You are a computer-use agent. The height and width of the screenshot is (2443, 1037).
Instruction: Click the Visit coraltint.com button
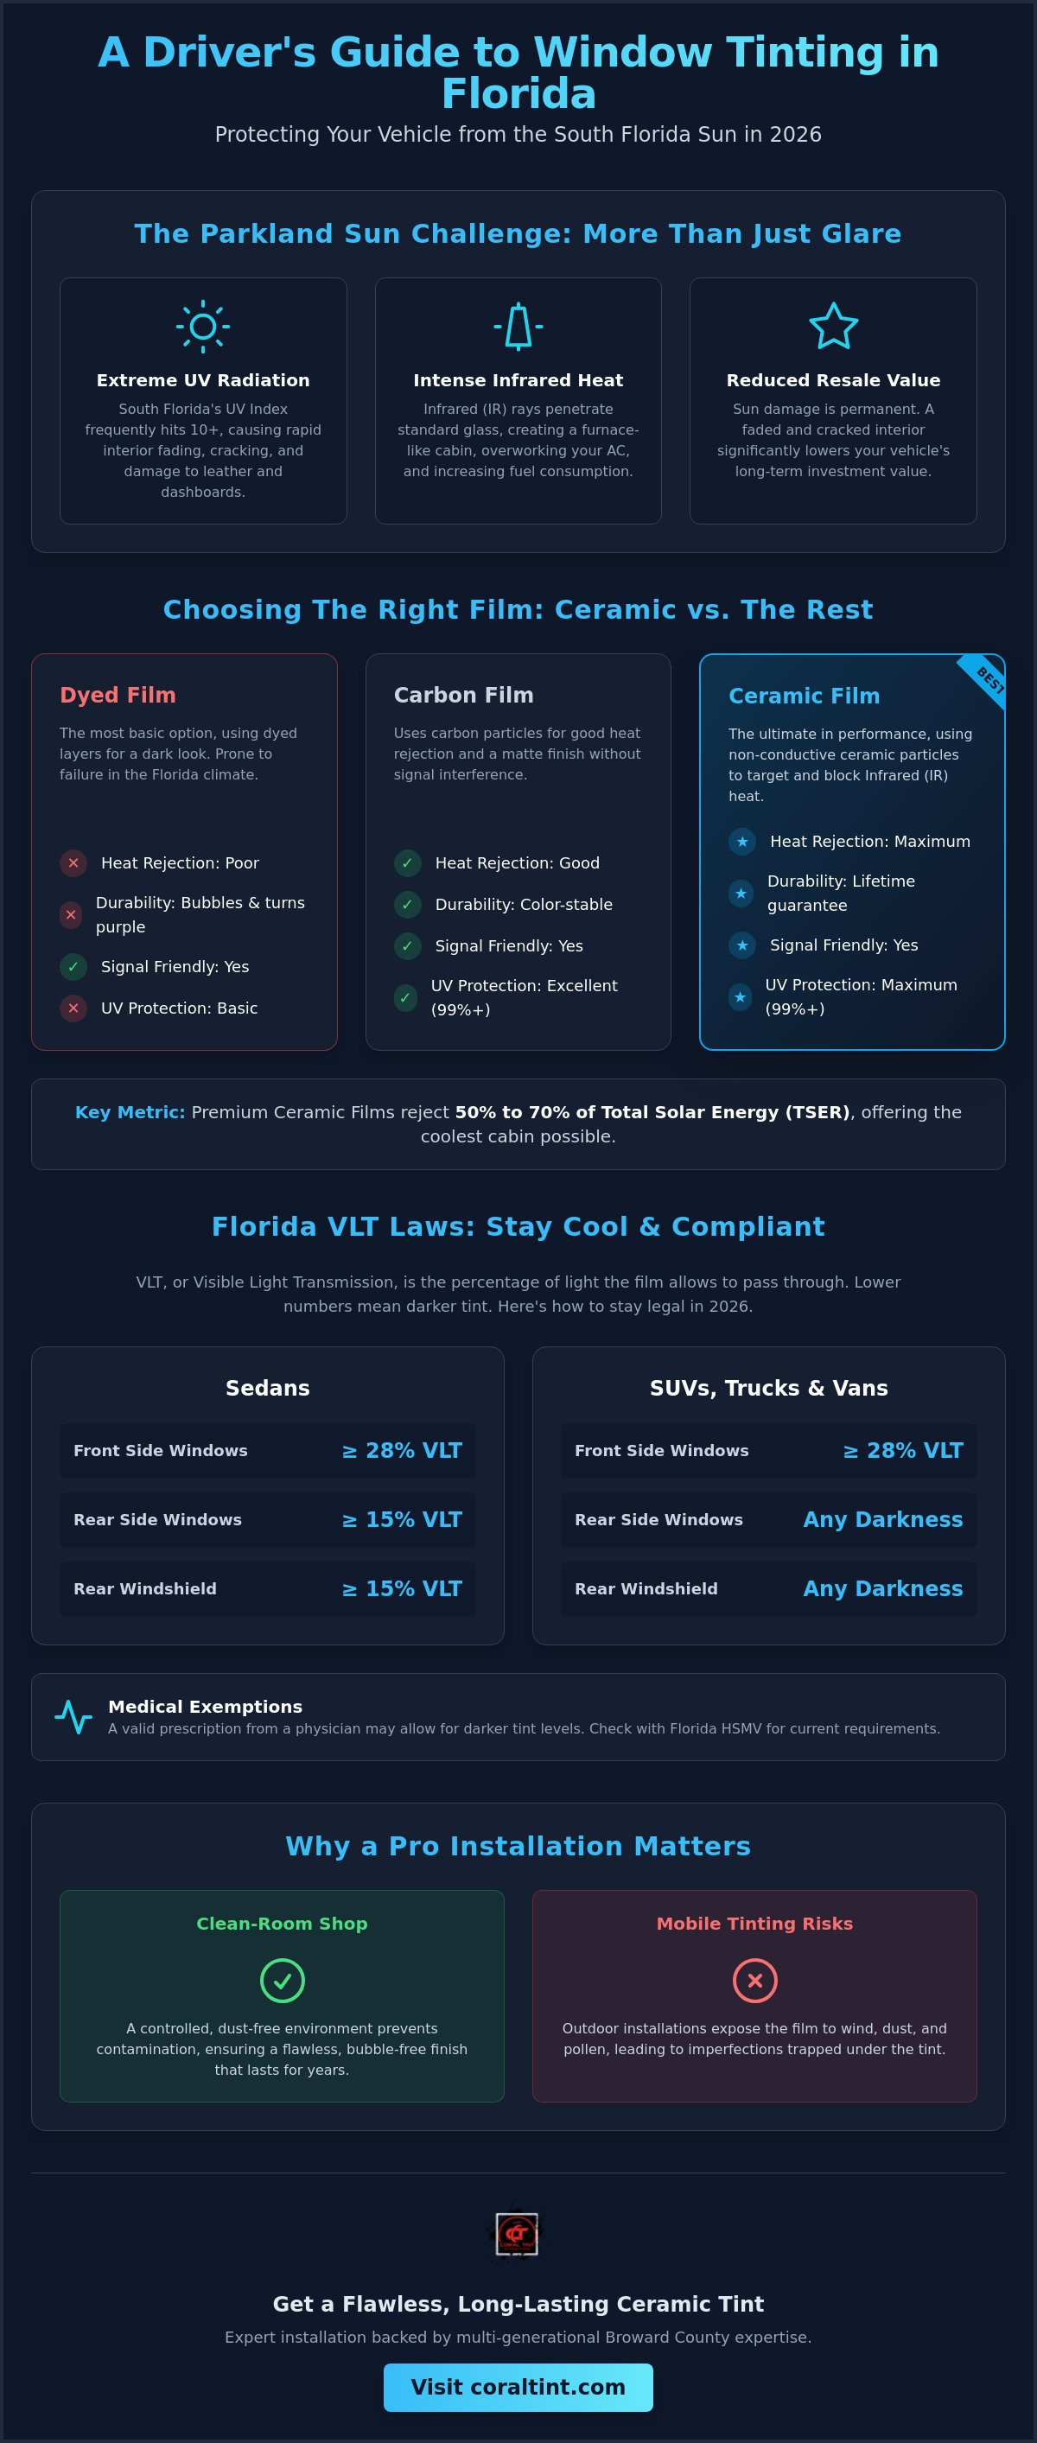[x=518, y=2387]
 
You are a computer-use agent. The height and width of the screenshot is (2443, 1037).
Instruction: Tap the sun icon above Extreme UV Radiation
[x=203, y=328]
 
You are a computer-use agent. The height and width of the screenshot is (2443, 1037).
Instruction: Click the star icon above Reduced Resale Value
[x=833, y=328]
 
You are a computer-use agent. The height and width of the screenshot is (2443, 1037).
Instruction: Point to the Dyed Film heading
[x=118, y=695]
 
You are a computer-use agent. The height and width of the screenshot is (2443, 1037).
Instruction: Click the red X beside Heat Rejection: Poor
[x=73, y=863]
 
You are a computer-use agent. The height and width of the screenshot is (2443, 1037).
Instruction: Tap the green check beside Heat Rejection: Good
[x=407, y=863]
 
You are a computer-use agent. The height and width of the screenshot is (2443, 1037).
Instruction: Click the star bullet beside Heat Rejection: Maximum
[x=742, y=841]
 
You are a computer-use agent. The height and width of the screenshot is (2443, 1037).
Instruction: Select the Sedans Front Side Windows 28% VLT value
[x=401, y=1451]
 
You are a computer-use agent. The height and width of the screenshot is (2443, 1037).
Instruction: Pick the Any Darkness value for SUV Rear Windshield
[x=883, y=1588]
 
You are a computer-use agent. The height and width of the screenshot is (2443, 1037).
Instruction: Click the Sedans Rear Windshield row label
[x=145, y=1588]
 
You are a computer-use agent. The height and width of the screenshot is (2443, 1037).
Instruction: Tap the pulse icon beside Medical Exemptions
[x=73, y=1716]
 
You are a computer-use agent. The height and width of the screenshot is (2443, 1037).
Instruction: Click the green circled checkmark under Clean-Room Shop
[x=282, y=1980]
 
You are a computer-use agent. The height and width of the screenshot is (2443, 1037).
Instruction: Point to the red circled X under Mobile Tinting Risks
[x=755, y=1980]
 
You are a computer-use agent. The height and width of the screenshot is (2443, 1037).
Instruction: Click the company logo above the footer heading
[x=518, y=2236]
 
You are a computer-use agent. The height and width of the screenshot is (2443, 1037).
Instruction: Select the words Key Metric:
[x=130, y=1112]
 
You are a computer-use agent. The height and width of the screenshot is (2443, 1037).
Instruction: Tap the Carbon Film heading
[x=464, y=695]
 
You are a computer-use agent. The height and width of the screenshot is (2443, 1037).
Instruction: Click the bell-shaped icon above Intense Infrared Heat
[x=518, y=328]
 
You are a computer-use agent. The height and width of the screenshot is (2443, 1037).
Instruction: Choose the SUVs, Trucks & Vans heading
[x=768, y=1389]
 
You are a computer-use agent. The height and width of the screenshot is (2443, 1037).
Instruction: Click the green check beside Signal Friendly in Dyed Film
[x=73, y=966]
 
